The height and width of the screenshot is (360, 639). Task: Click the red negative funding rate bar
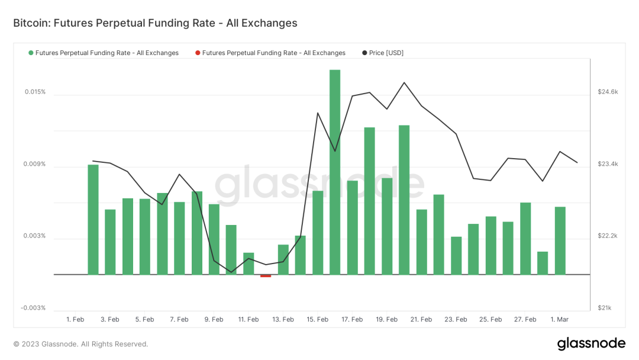coord(266,276)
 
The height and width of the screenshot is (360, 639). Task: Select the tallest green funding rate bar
coord(335,172)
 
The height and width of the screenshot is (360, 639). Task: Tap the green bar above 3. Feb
coord(110,242)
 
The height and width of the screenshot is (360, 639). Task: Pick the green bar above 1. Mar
coord(560,240)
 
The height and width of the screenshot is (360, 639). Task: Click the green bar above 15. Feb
coord(318,232)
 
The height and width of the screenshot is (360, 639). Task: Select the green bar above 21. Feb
coord(421,242)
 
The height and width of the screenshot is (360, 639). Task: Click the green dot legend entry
coord(104,53)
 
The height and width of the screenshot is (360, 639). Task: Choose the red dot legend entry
coord(270,53)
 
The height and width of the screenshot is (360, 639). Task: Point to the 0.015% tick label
coord(35,92)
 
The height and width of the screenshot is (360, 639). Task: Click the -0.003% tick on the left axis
coord(33,308)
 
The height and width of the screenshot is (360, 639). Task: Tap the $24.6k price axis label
coord(608,92)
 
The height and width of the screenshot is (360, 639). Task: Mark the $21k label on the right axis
coord(605,308)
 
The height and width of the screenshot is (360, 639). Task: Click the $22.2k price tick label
coord(608,236)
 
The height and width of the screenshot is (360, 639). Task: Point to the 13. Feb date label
coord(283,320)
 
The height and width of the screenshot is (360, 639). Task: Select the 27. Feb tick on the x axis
coord(525,320)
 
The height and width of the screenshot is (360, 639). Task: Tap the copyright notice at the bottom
coord(80,344)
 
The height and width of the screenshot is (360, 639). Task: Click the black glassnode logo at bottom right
coord(591,343)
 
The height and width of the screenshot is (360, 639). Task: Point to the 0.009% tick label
coord(35,164)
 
